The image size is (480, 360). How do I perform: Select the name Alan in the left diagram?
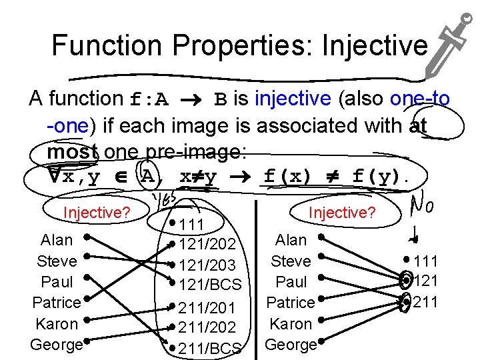pos(57,239)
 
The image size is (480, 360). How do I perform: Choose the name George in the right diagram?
pos(291,345)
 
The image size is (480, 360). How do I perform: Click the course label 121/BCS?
pos(210,285)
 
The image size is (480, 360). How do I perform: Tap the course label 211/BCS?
pos(210,349)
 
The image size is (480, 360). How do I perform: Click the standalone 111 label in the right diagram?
pos(426,261)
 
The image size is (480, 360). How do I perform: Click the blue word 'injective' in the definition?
pos(293,99)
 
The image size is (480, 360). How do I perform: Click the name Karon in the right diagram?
pos(291,324)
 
